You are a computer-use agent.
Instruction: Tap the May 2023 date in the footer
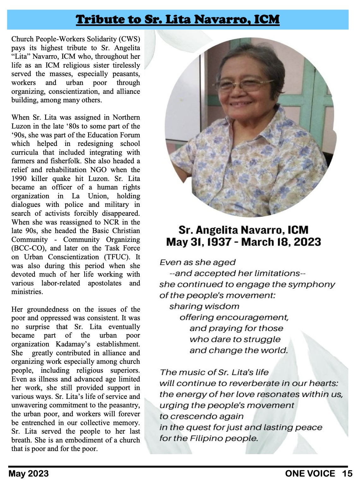28,474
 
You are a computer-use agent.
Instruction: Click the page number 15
347,474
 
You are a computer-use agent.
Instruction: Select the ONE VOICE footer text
310,474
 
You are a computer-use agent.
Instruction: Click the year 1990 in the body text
20,179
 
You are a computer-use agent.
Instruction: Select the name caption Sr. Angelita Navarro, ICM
243,230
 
